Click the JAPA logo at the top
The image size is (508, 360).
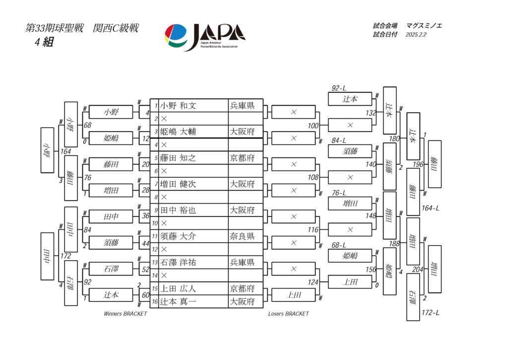coord(204,36)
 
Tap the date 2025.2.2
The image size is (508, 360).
coord(416,35)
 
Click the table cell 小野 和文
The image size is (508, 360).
coord(178,105)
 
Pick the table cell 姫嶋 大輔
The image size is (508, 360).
coord(178,132)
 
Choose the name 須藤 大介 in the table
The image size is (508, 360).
coord(178,236)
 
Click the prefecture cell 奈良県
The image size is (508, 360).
coord(242,236)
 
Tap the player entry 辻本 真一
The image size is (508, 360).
coord(178,301)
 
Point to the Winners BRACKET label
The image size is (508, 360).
coord(126,314)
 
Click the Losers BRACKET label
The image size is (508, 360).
coord(288,314)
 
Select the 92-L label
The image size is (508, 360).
coord(339,88)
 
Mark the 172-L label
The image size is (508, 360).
coord(430,313)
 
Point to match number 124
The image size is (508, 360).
coord(313,283)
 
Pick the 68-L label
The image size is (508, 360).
coord(339,245)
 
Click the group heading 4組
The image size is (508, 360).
coord(44,42)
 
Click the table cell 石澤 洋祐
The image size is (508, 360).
coord(178,262)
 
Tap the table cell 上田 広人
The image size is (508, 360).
coord(178,288)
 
